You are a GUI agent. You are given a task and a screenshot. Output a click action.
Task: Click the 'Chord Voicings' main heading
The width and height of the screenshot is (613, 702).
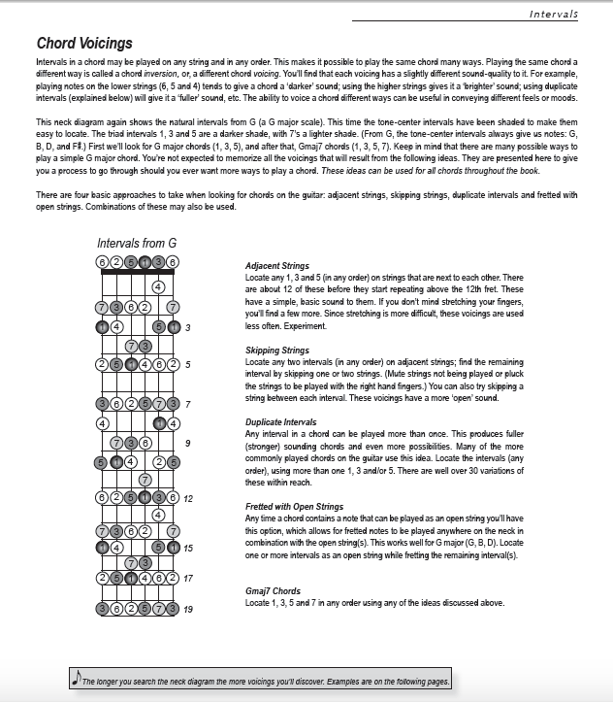tap(84, 43)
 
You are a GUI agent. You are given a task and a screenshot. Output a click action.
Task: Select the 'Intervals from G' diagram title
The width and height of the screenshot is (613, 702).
tap(137, 243)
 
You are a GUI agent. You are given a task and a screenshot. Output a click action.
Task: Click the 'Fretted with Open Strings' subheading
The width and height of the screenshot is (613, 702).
tap(294, 506)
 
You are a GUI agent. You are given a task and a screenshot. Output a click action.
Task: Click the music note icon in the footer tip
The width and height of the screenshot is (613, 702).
tap(76, 680)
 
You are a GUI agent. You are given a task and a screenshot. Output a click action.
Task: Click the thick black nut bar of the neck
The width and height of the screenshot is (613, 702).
tap(137, 272)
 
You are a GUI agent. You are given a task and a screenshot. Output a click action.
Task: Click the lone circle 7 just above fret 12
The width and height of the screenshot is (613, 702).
tap(145, 479)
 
